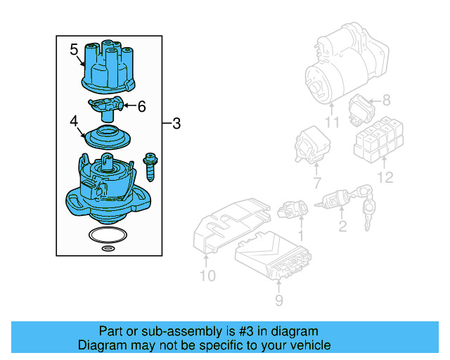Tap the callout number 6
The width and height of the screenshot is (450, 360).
(141, 107)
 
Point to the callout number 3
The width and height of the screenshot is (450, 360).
(176, 124)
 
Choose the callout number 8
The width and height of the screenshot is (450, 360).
(385, 101)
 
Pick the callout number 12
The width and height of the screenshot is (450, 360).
(384, 178)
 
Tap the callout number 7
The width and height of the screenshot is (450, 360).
(316, 184)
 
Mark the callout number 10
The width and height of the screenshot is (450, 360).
(207, 275)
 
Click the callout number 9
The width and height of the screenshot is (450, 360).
(278, 301)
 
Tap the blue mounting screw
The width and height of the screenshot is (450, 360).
(150, 167)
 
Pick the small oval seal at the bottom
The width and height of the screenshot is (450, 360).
(108, 248)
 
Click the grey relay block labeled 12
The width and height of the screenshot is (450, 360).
(379, 142)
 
